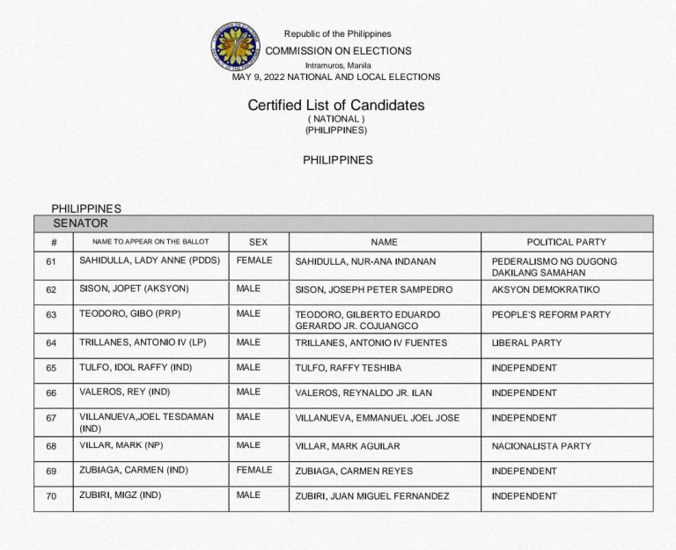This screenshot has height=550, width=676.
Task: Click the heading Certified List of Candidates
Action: [335, 106]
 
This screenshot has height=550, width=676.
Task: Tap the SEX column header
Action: [258, 242]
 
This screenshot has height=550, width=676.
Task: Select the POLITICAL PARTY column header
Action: [566, 242]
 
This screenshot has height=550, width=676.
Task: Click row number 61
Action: [51, 261]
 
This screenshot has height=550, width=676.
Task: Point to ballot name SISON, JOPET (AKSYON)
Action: [134, 289]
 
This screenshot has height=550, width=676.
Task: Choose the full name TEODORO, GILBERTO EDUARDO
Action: [367, 314]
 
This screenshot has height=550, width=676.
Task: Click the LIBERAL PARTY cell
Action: [526, 342]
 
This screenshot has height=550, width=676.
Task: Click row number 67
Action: [51, 417]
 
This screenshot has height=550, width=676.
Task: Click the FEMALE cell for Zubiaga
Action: [254, 471]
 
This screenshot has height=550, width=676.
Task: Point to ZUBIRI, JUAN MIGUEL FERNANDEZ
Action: [371, 496]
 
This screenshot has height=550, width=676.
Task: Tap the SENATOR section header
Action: [80, 224]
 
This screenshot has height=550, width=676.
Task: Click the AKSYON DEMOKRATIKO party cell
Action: [546, 289]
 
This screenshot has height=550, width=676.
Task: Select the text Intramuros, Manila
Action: [338, 65]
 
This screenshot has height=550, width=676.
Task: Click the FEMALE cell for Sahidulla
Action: [254, 260]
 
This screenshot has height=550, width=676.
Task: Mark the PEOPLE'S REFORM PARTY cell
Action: [551, 314]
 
